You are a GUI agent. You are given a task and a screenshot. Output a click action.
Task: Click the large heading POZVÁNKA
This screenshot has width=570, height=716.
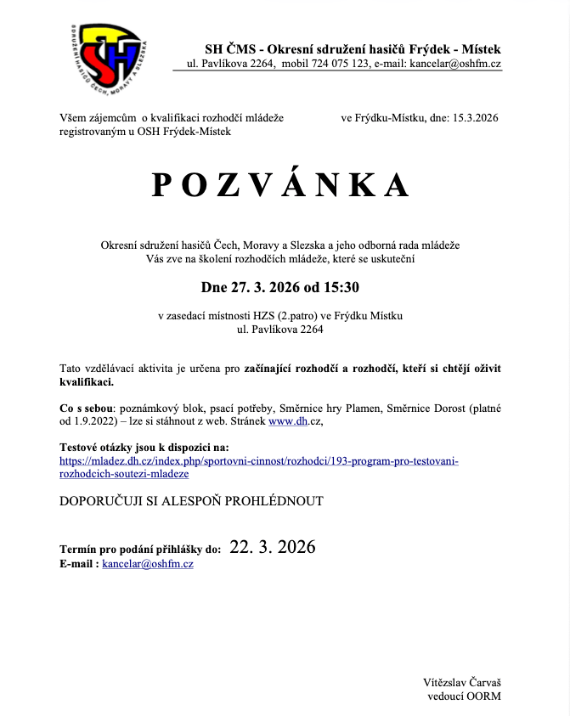tap(280, 184)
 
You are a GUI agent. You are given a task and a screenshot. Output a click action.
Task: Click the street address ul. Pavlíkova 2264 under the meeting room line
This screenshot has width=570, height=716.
tap(280, 330)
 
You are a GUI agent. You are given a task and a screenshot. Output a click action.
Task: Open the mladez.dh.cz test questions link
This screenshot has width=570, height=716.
tap(258, 466)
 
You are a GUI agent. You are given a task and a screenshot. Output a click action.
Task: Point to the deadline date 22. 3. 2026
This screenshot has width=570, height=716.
tap(272, 547)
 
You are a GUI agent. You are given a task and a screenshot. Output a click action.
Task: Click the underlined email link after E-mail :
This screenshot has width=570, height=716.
tap(148, 563)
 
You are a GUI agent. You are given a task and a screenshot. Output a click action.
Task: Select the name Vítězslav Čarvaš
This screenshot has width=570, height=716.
tap(462, 682)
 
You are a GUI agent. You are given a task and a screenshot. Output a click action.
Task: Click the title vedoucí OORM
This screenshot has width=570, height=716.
tap(464, 696)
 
